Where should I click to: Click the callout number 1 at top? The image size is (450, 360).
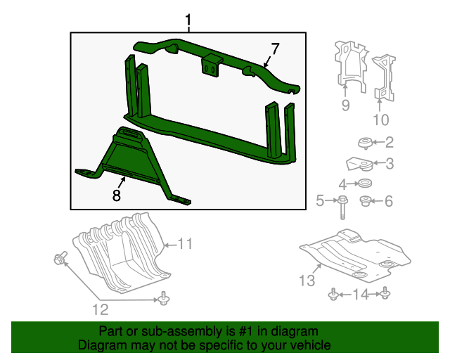coord(188,20)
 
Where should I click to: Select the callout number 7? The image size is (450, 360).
coord(275,49)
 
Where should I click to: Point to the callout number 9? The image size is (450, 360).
coord(345,105)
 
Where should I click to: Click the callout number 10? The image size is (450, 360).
coord(380,120)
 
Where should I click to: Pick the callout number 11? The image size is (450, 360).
coord(185,244)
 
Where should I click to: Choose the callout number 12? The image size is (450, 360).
coord(103,309)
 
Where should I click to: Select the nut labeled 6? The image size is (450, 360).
coord(366,202)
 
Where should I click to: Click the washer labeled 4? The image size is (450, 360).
coord(364,184)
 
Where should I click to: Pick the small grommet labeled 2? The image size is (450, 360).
coord(365,143)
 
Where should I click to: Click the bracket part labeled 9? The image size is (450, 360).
coord(349,65)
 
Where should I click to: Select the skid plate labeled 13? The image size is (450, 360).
coord(352,253)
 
